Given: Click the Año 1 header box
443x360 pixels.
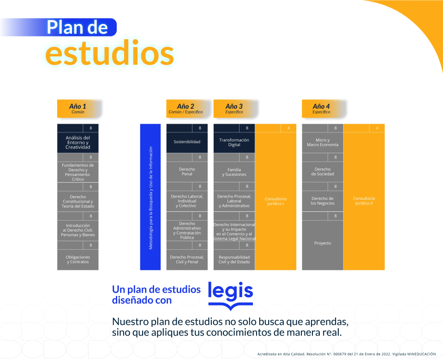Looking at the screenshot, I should click(78, 108).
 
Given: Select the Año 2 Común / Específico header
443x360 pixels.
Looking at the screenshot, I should click(186, 108).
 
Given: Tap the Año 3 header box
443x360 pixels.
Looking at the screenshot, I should click(234, 108).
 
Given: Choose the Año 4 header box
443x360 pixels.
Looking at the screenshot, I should click(321, 108).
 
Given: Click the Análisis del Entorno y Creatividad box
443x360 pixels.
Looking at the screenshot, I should click(78, 143).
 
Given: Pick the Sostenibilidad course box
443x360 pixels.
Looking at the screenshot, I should click(187, 142).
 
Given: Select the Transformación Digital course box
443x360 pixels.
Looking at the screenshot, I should click(234, 142).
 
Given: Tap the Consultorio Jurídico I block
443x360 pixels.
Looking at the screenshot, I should click(275, 201).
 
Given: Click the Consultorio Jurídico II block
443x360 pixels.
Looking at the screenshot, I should click(364, 201).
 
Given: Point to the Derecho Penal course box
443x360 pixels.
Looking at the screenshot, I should click(187, 172).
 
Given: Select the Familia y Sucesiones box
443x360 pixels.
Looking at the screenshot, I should click(234, 172).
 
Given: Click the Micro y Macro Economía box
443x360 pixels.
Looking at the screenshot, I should click(323, 143).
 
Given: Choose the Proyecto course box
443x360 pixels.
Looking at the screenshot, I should click(323, 243).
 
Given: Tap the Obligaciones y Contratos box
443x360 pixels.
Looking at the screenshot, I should click(78, 259).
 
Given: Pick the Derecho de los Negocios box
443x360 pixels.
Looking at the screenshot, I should click(323, 201).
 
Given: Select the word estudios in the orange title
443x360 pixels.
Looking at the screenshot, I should click(110, 54).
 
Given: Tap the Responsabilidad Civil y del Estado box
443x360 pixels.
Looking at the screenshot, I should click(234, 259).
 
